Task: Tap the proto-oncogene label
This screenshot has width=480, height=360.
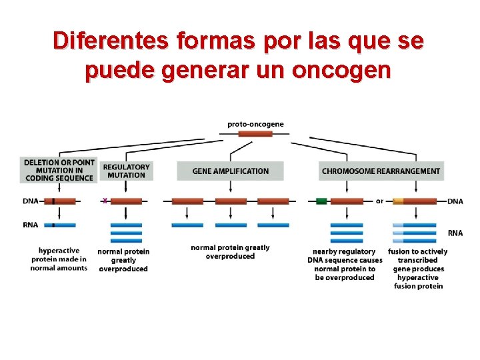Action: click(255, 123)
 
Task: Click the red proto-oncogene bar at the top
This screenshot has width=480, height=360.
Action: click(255, 134)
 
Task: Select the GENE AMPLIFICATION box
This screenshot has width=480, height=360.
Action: click(230, 171)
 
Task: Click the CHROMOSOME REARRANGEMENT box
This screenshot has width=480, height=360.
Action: click(381, 171)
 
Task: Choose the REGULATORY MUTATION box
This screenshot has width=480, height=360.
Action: click(127, 171)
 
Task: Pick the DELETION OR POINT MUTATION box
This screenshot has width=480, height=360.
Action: click(59, 170)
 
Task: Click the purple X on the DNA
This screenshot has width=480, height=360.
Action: click(105, 201)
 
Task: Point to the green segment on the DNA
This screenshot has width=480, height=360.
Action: click(322, 201)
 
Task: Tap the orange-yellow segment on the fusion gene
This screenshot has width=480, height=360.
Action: click(398, 201)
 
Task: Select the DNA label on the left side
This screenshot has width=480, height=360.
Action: click(30, 201)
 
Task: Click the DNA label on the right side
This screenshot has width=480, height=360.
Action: click(455, 201)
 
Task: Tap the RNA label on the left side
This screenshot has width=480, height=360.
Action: click(30, 225)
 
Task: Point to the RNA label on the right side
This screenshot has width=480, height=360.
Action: click(455, 233)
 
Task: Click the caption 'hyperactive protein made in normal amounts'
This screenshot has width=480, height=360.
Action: click(59, 259)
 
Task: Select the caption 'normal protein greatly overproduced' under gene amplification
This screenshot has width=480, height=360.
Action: click(230, 251)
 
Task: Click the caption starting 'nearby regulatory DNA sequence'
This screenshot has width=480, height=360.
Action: click(345, 265)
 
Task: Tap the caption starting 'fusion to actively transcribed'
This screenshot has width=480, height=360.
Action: click(418, 269)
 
